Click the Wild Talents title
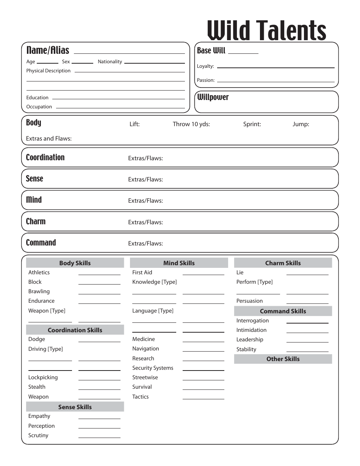click(267, 30)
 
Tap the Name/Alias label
click(48, 50)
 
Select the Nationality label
click(110, 62)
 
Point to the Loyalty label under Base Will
click(205, 66)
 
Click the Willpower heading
click(213, 97)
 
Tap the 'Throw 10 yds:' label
click(191, 124)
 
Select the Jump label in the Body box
click(301, 124)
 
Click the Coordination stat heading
click(45, 158)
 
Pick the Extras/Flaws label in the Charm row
click(146, 222)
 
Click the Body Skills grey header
click(75, 263)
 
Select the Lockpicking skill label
click(43, 377)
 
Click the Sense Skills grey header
click(75, 407)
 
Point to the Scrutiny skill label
click(38, 435)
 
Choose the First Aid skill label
click(142, 272)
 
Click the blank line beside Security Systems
click(203, 370)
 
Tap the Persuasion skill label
click(249, 301)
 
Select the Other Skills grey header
click(283, 359)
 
